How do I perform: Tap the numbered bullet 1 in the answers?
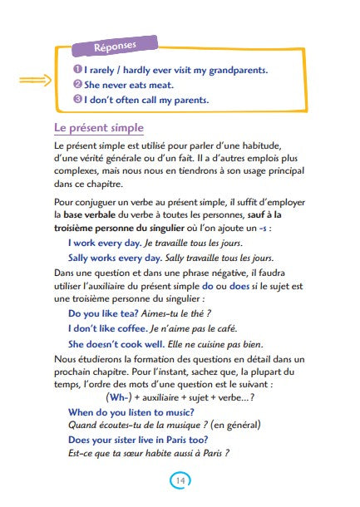point(76,70)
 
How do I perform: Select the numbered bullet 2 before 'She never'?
point(76,85)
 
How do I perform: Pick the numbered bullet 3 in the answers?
point(76,100)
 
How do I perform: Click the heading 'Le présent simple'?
point(99,128)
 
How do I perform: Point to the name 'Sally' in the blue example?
point(81,258)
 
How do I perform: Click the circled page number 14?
point(180,480)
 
